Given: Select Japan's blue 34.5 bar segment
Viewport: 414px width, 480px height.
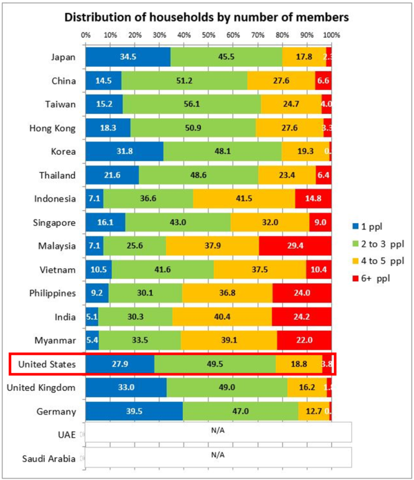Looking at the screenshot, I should [x=128, y=57].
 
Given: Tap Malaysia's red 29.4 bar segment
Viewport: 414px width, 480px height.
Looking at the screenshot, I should [x=295, y=244].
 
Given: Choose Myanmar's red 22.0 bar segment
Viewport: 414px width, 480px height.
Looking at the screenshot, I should [x=304, y=339].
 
